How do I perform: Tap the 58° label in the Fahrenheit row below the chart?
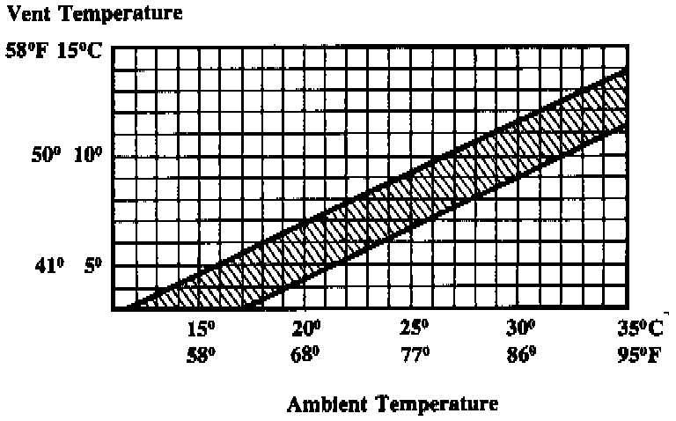pyautogui.click(x=200, y=358)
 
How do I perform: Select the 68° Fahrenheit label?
pyautogui.click(x=306, y=358)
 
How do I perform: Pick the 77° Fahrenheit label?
pyautogui.click(x=413, y=358)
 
